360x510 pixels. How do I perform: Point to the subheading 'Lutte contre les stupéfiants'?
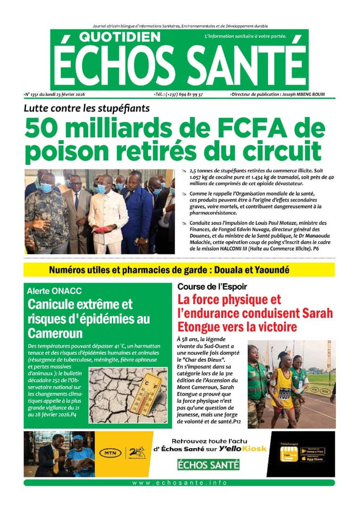pyautogui.click(x=87, y=108)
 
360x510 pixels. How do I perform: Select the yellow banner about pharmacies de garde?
pyautogui.click(x=179, y=270)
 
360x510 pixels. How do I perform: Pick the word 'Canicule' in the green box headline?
pyautogui.click(x=53, y=305)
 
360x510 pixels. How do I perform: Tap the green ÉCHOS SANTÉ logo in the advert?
pyautogui.click(x=208, y=465)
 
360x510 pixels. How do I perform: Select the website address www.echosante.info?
pyautogui.click(x=179, y=483)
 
